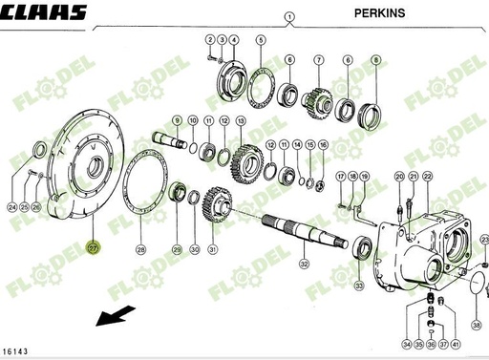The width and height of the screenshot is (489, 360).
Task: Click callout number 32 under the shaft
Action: [304, 263]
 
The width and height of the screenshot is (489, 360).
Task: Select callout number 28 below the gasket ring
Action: [140, 250]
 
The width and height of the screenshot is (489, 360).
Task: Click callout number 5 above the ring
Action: [260, 40]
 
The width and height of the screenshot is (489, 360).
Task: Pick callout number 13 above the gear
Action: [241, 120]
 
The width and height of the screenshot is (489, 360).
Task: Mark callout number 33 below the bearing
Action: [359, 286]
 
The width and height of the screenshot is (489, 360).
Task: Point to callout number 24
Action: [11, 207]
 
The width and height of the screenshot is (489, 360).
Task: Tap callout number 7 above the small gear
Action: [318, 60]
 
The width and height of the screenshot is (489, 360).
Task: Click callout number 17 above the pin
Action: [340, 178]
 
